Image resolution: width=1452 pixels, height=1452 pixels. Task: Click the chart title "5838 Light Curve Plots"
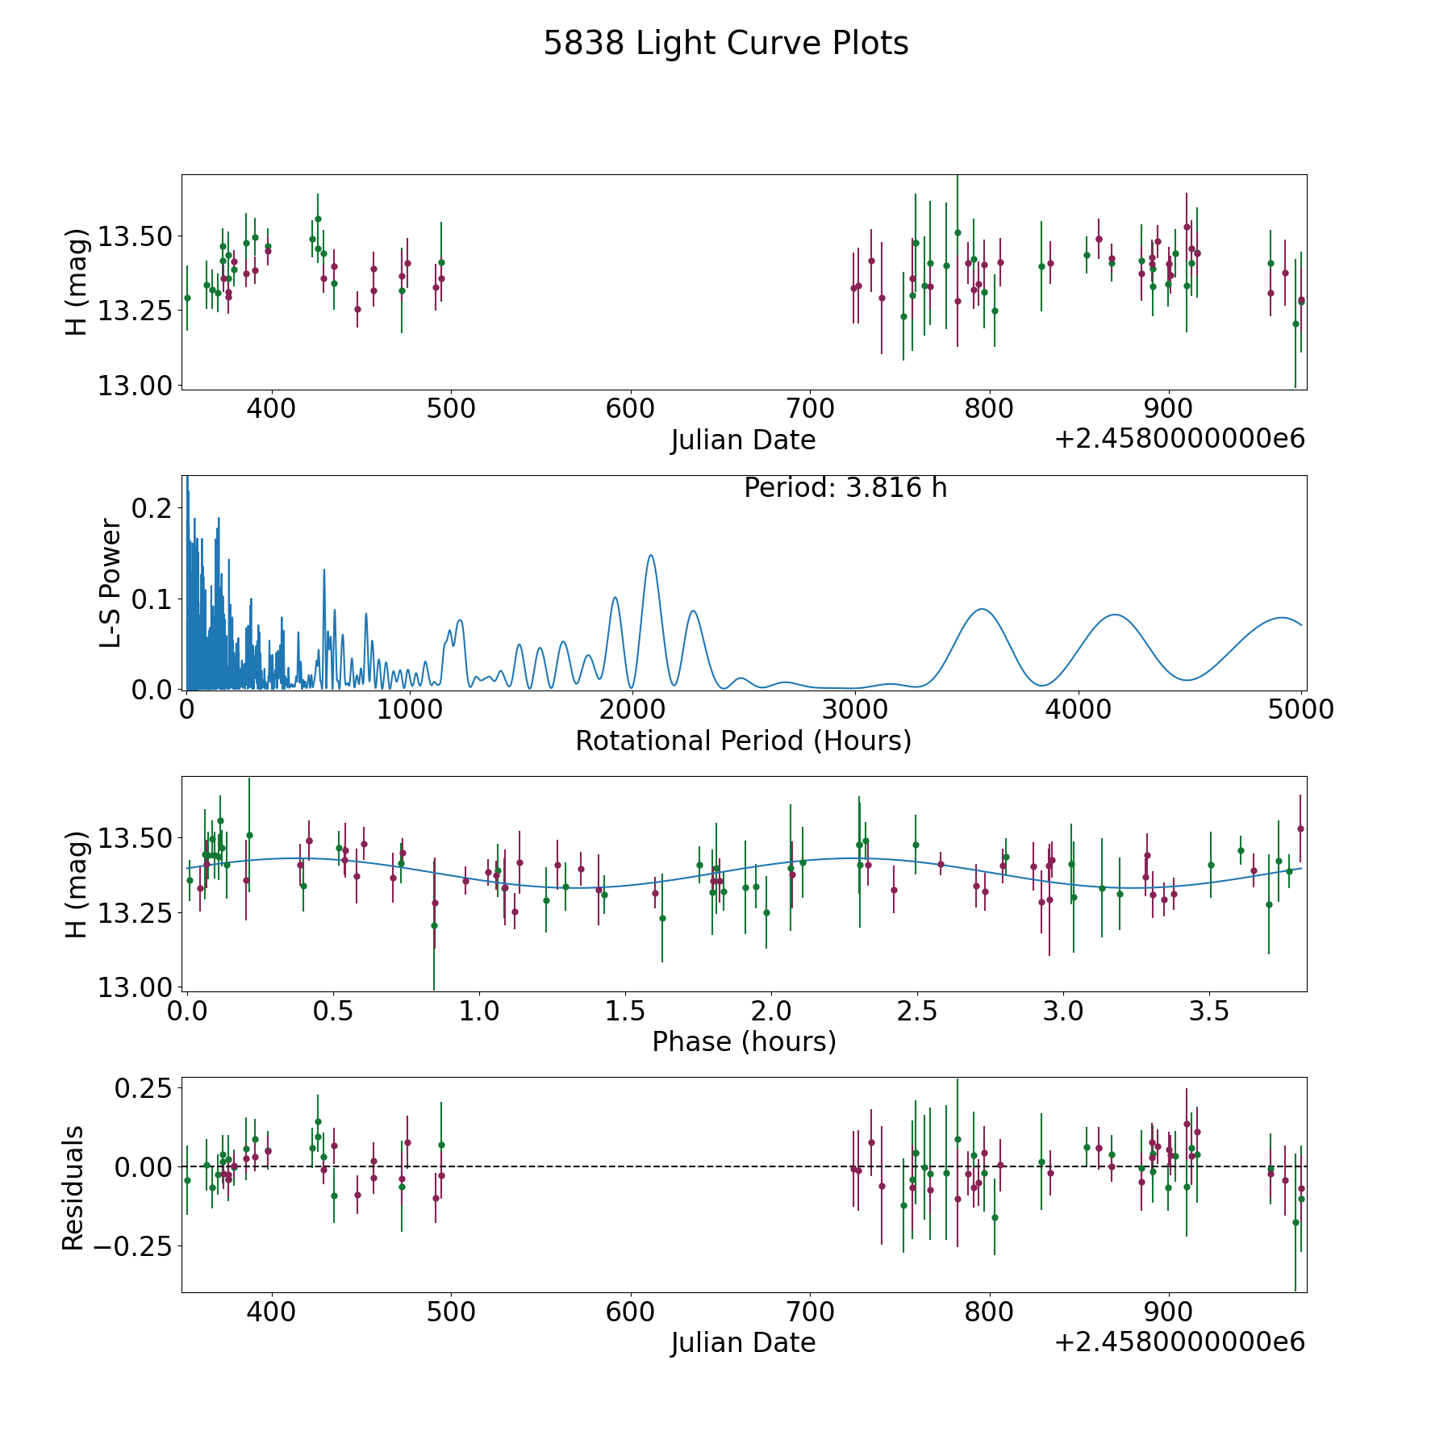coord(725,44)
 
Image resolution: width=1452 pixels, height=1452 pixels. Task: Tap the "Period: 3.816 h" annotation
coord(845,488)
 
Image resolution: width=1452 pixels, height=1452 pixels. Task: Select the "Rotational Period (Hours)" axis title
coord(743,741)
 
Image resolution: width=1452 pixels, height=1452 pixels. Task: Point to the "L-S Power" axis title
coord(111,583)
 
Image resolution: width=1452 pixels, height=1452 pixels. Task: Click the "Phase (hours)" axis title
coord(743,1041)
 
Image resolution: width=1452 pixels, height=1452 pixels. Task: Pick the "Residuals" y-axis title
coord(73,1187)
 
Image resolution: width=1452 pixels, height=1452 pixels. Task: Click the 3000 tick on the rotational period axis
coord(854,709)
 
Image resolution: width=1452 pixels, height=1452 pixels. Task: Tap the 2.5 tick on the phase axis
coord(917,1011)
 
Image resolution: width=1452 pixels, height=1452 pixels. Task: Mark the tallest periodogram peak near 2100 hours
coord(651,555)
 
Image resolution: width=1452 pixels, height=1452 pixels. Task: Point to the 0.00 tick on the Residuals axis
coord(143,1166)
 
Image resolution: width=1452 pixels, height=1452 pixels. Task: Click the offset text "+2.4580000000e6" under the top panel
coord(1179,439)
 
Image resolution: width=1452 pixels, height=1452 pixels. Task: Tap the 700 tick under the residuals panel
coord(810,1312)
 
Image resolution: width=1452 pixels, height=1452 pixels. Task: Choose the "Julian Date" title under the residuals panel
coord(743,1342)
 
